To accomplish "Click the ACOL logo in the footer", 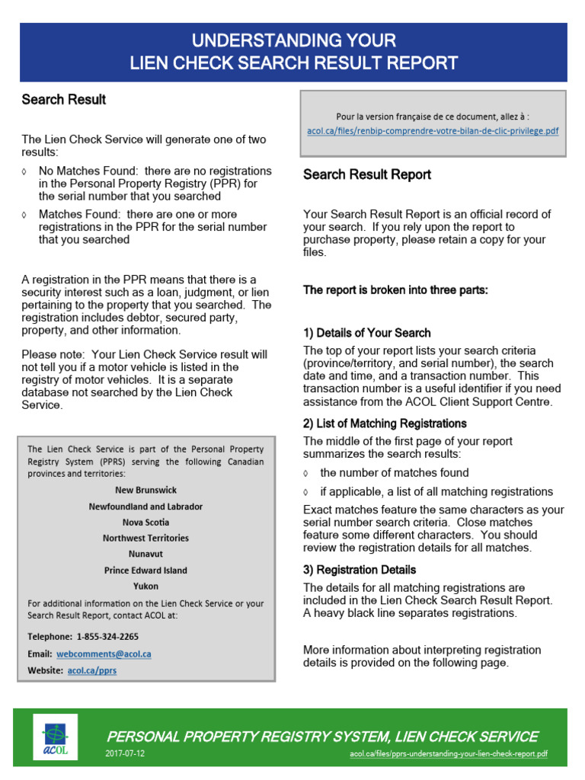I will [x=54, y=737].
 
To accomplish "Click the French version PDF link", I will [x=433, y=131].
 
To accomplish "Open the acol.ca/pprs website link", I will [x=92, y=670].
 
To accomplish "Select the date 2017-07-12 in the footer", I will [x=126, y=754].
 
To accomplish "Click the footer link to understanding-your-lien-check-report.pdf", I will [x=448, y=754].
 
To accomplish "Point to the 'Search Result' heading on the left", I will [x=64, y=100].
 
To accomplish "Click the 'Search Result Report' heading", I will [x=367, y=174].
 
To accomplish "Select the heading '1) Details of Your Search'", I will [x=367, y=333].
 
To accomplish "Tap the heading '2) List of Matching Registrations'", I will [x=385, y=424].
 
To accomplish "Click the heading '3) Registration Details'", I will [x=360, y=570].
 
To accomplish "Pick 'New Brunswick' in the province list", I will [x=145, y=490].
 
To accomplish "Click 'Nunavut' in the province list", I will [x=145, y=554].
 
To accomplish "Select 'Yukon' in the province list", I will [x=145, y=586].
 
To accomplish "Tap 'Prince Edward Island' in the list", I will [x=145, y=570].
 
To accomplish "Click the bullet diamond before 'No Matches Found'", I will [x=26, y=171].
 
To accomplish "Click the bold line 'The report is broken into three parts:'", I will [x=395, y=290].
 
